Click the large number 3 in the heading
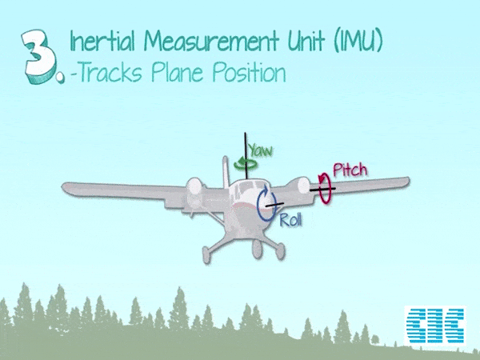[39, 56]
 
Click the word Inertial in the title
[102, 41]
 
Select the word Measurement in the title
[212, 41]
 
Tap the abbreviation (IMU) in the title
[358, 41]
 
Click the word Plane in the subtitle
[177, 72]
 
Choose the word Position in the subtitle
[249, 72]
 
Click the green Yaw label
[261, 150]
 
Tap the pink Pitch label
[350, 170]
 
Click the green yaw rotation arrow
[246, 164]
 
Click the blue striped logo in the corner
[435, 325]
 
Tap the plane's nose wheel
[258, 250]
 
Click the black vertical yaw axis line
[246, 155]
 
